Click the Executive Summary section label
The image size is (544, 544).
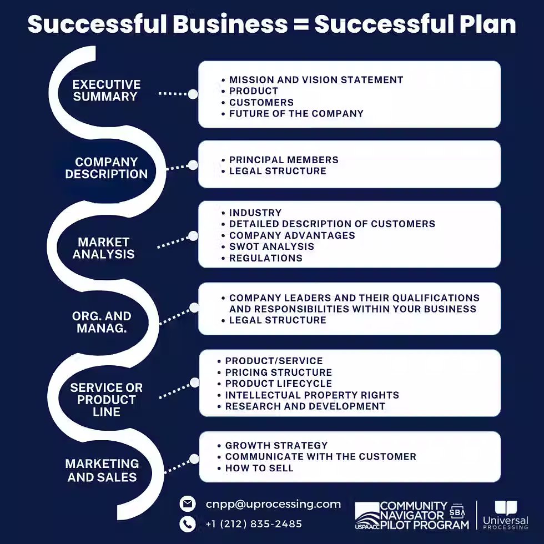tap(106, 90)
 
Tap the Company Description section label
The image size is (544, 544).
tap(106, 168)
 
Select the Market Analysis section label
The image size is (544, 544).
tap(103, 248)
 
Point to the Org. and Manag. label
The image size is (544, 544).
tap(102, 322)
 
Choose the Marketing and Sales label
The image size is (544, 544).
tap(102, 470)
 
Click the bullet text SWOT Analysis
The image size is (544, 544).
tap(271, 246)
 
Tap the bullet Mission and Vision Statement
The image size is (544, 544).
tap(316, 80)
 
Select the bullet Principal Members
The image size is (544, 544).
tap(284, 160)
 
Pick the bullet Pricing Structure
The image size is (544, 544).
tap(278, 372)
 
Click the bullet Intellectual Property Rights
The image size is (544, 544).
tap(312, 395)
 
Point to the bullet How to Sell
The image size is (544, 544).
tap(259, 468)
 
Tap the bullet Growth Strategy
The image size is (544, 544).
tap(276, 445)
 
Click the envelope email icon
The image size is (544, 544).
tap(188, 504)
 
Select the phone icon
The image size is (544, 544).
tap(188, 524)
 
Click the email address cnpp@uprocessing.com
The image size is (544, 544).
tap(273, 504)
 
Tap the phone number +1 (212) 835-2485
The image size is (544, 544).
tap(254, 524)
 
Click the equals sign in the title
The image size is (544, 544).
tap(300, 24)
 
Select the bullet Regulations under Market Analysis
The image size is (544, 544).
tap(265, 258)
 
